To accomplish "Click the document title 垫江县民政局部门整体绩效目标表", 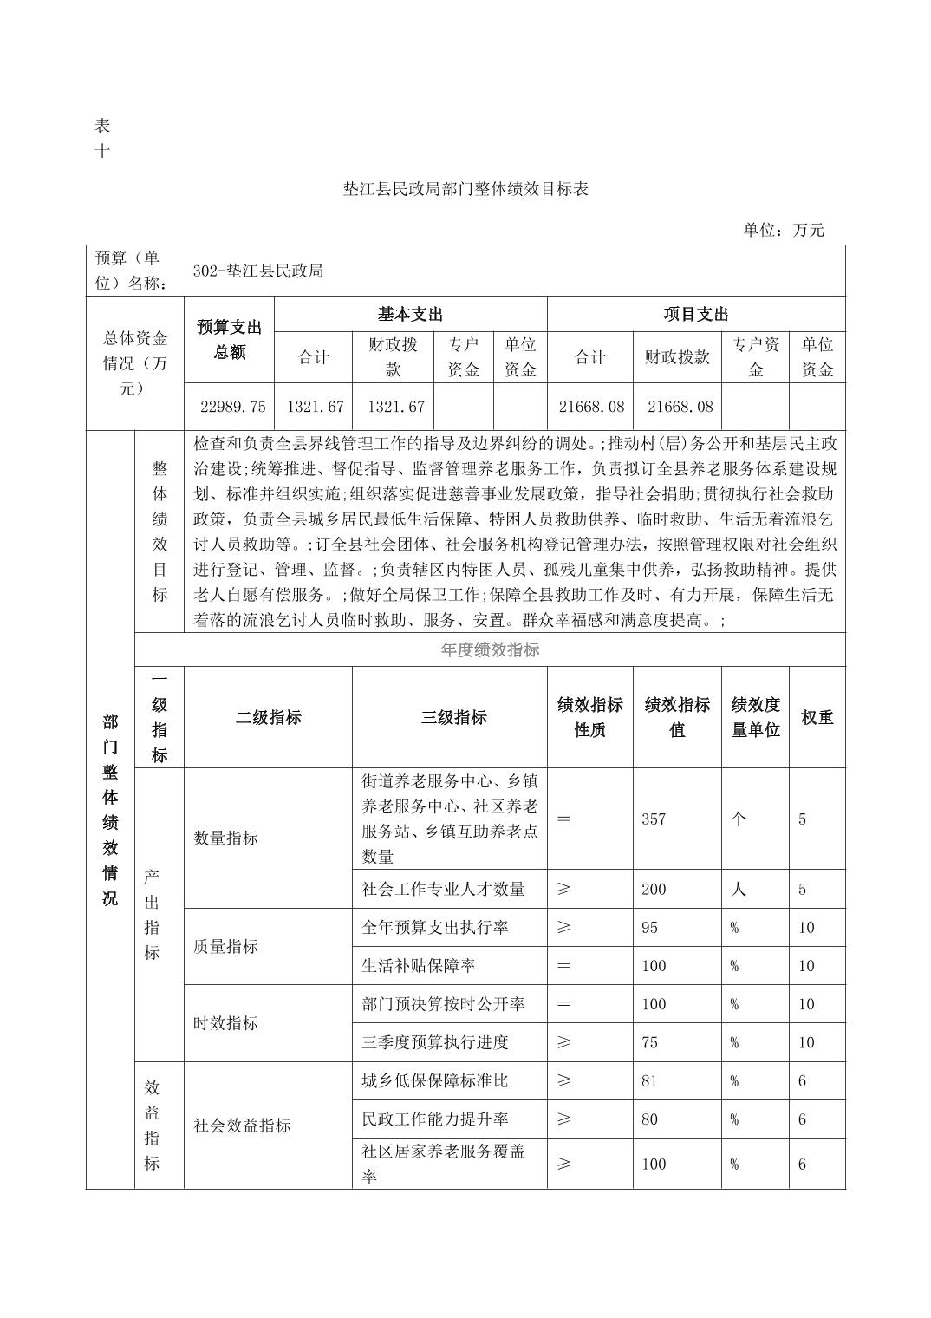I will (465, 189).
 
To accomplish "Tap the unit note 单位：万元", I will (783, 230).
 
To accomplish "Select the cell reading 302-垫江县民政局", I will (257, 271).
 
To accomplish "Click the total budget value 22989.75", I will (233, 407).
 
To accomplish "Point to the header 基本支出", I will (410, 314).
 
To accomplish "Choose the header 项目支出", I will (695, 314).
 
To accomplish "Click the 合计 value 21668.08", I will (589, 407).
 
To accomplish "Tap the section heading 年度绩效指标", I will (490, 649).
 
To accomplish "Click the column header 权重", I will (817, 717).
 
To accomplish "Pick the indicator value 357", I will (654, 819).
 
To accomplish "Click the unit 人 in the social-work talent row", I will (739, 889).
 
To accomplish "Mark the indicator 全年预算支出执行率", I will (435, 928).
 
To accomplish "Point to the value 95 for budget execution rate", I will (649, 928).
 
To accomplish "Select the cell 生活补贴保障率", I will (419, 966).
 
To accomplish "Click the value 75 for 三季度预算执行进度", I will (649, 1042).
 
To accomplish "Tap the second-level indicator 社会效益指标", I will (242, 1126).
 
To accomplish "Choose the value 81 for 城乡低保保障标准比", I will (649, 1081).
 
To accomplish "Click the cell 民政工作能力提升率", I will (435, 1119).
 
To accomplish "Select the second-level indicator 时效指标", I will (225, 1023).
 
